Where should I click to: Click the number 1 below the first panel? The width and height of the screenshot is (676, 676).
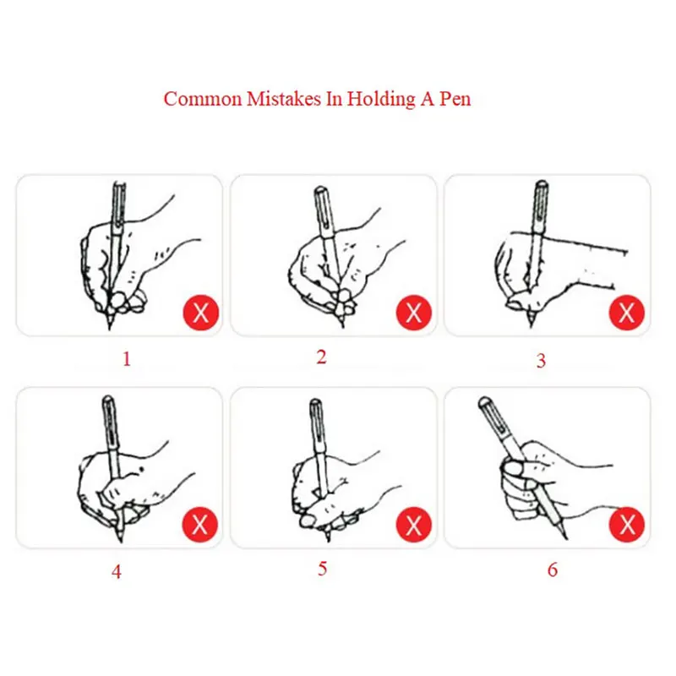click(x=127, y=359)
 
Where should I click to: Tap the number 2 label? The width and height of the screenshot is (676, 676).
click(x=321, y=357)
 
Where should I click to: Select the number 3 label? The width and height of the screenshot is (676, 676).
click(x=541, y=361)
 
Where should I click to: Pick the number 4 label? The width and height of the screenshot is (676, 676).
click(x=116, y=572)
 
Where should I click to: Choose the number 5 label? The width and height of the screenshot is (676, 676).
click(x=322, y=568)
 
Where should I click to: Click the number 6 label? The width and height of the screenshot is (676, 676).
click(x=553, y=570)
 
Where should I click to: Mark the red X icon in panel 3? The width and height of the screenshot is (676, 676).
click(x=627, y=313)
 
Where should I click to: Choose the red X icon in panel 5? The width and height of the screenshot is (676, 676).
click(x=414, y=525)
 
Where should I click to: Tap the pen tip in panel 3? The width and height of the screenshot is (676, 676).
click(x=531, y=321)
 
